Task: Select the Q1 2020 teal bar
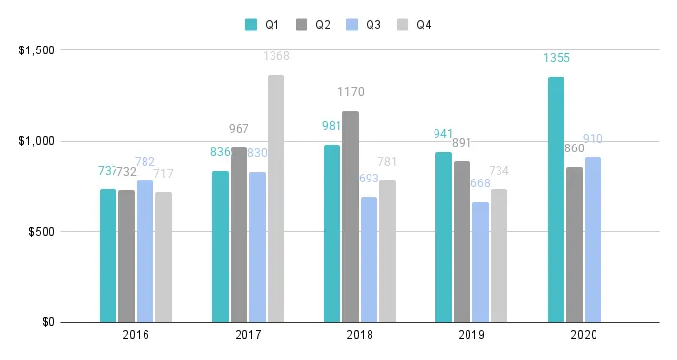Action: tap(556, 199)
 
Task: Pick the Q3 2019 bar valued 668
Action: tap(481, 262)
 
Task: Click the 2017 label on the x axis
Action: tap(248, 335)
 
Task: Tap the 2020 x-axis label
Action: tap(584, 335)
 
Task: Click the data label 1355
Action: tap(556, 58)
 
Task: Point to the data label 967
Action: tap(239, 128)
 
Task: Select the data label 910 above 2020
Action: tap(594, 139)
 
